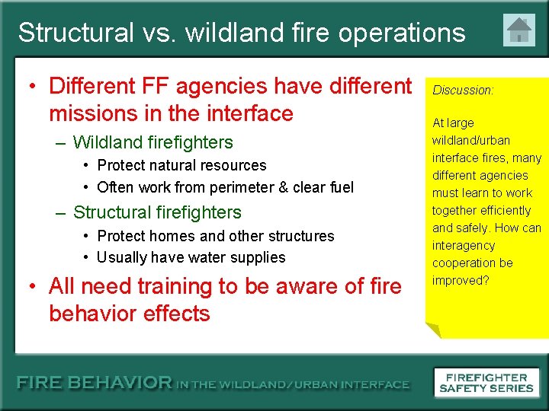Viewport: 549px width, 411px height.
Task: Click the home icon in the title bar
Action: (x=519, y=31)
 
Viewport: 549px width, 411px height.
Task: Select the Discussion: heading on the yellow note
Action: (x=463, y=90)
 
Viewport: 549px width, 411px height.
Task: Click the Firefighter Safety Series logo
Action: (x=486, y=382)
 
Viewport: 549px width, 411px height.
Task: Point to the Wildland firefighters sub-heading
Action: (x=152, y=142)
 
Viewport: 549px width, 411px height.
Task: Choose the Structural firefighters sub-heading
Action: (x=157, y=212)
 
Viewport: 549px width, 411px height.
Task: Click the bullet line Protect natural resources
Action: (x=181, y=165)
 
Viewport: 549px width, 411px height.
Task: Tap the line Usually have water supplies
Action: (x=191, y=257)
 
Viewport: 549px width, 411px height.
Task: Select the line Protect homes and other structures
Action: (x=216, y=236)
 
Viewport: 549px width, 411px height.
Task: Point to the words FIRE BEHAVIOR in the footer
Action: (x=95, y=384)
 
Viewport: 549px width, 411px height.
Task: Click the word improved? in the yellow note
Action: (x=461, y=280)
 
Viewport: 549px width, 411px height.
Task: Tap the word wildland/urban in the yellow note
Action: (x=470, y=140)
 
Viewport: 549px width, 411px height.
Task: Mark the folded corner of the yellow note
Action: (x=432, y=330)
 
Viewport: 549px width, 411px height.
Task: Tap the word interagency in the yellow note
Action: (x=464, y=245)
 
